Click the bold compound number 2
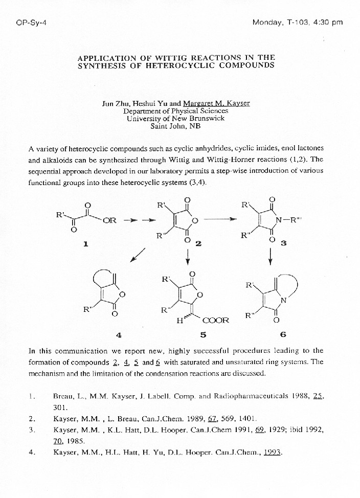pos(198,243)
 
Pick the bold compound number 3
pos(283,243)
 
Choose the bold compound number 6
pos(283,335)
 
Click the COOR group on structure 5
pos(215,321)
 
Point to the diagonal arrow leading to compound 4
pos(138,254)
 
